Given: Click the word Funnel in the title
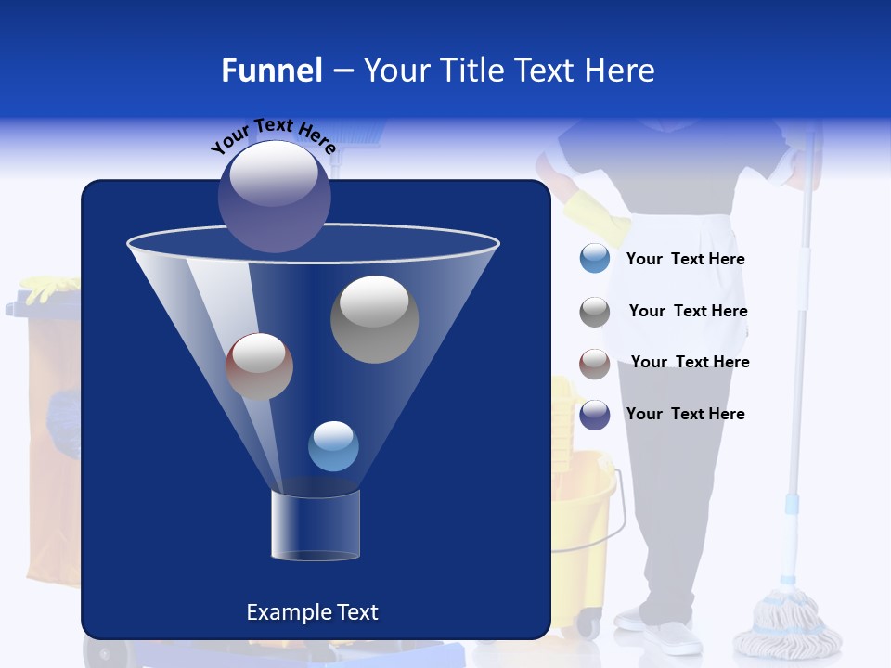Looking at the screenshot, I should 271,71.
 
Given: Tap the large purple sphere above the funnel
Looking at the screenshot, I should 274,197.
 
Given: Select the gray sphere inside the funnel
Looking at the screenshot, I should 374,319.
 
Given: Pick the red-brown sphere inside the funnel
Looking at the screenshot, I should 259,366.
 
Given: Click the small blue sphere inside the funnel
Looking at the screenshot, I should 333,446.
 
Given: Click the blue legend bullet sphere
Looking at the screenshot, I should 594,259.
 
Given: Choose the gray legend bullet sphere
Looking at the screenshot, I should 594,312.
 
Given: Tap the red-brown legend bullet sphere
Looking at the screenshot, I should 594,363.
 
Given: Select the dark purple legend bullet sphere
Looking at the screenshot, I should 594,415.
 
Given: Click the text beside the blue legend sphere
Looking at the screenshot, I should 685,260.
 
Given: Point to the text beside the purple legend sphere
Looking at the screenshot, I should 685,414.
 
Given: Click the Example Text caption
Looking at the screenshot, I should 312,612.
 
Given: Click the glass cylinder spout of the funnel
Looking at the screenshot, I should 315,526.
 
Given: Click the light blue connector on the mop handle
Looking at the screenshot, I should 792,504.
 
